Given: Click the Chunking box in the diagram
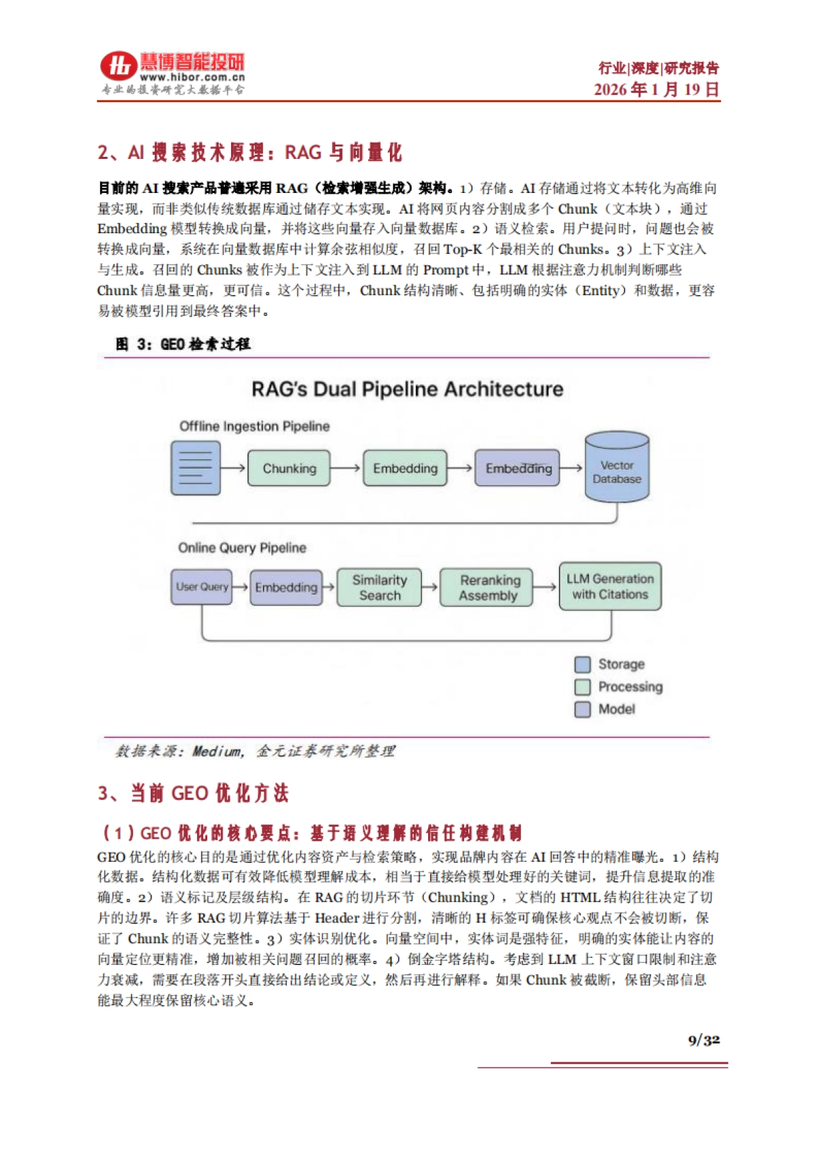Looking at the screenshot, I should [x=289, y=469].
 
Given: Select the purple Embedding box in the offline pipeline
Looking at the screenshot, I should [x=517, y=469].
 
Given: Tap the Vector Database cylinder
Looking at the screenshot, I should [x=617, y=470].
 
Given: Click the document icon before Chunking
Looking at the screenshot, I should [x=196, y=469].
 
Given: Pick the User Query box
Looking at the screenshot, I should [x=201, y=587].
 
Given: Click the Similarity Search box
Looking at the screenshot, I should [x=380, y=588].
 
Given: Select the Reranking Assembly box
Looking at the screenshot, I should [x=487, y=588].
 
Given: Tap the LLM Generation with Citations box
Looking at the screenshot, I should [x=610, y=587].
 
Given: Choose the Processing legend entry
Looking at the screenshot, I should [x=619, y=687].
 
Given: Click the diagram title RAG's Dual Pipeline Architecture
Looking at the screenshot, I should [x=408, y=389].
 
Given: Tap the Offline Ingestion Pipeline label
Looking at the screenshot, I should [x=254, y=426].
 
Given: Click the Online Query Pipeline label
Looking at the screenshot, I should [x=242, y=548].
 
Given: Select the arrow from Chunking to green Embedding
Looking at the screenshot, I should [x=346, y=469].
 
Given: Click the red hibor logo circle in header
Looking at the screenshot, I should [x=119, y=66].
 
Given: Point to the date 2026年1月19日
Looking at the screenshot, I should [x=656, y=89].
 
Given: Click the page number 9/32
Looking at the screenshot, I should [x=703, y=1040].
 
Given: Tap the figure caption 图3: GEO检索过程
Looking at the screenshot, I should [x=183, y=344].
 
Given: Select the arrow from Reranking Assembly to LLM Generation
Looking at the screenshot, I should [x=545, y=587].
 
